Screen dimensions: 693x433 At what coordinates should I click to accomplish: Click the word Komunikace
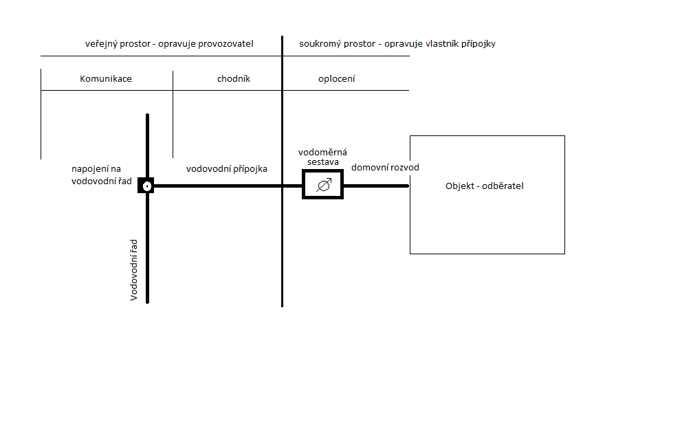106,78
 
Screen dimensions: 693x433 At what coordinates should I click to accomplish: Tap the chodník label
233,78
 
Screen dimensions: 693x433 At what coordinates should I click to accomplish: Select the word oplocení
336,78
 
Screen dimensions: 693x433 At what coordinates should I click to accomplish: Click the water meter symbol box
322,184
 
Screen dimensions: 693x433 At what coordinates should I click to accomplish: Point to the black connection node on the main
146,186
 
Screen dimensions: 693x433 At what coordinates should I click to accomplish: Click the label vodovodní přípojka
227,169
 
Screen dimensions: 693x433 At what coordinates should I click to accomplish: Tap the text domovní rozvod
385,168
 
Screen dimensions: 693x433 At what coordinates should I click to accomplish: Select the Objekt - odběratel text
485,186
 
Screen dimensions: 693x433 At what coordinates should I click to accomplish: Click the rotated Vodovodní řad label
133,270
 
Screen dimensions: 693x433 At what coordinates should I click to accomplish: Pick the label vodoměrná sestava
322,157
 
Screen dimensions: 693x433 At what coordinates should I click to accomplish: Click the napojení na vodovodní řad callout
102,175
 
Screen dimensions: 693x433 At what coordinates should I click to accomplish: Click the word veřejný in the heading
100,44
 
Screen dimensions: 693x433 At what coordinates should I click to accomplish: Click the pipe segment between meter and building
376,186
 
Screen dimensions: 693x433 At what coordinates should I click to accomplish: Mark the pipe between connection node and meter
228,186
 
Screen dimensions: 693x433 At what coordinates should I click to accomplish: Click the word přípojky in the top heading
478,44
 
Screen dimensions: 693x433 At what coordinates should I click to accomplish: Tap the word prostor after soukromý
358,44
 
